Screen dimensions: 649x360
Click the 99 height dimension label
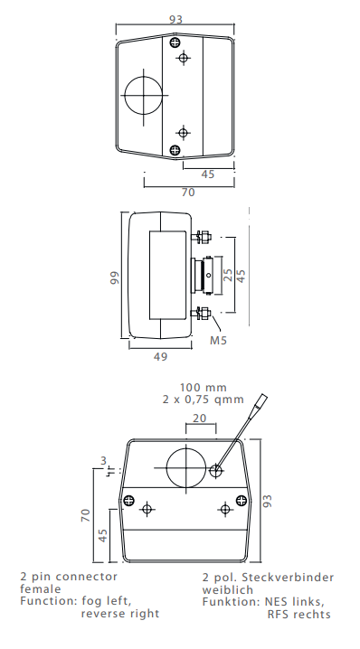point(114,277)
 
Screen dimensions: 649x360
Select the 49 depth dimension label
point(160,357)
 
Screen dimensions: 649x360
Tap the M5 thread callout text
point(218,341)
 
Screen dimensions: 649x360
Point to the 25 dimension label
point(229,274)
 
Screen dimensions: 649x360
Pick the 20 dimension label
point(200,418)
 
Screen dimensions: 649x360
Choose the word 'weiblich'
point(229,588)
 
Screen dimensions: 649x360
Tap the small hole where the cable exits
point(217,470)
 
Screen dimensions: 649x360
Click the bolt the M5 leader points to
point(202,315)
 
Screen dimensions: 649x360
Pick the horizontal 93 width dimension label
point(175,19)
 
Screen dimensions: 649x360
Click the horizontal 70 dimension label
point(187,192)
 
